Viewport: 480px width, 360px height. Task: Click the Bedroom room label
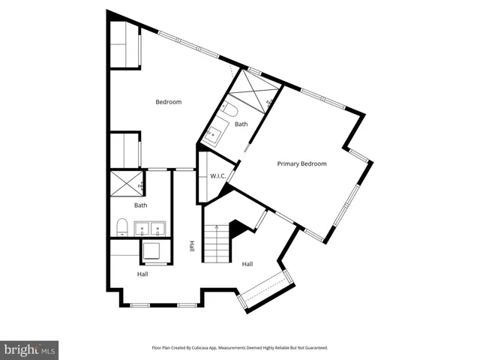169,102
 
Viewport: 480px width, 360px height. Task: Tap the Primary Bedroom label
301,163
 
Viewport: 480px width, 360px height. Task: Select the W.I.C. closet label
217,176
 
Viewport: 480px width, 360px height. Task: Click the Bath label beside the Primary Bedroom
241,124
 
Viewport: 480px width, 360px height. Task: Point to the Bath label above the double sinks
140,205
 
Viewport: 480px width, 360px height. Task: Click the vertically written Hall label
192,245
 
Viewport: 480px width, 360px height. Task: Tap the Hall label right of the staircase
247,263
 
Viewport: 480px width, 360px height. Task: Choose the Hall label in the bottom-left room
142,274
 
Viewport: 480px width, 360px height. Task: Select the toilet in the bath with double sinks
121,226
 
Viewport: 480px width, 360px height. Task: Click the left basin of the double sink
142,228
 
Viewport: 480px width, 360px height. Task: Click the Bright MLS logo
29,349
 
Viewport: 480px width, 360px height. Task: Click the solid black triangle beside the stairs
238,228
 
